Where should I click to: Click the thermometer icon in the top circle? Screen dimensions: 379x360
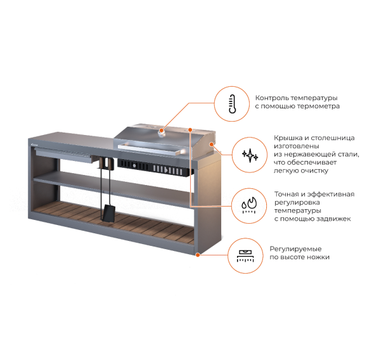[x=233, y=104]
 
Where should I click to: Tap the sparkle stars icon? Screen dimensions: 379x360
[x=250, y=155]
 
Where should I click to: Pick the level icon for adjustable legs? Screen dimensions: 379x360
[x=245, y=256]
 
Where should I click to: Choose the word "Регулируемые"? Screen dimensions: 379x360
[x=295, y=249]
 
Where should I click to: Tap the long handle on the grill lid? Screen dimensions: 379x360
[x=151, y=150]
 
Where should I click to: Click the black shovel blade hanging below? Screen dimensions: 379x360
[x=110, y=213]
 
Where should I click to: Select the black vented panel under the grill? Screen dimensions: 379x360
[x=155, y=167]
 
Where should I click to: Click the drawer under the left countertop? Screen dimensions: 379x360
[x=63, y=155]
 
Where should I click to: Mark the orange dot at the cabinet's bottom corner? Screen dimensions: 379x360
[x=198, y=255]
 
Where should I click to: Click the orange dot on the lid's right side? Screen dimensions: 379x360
[x=212, y=145]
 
